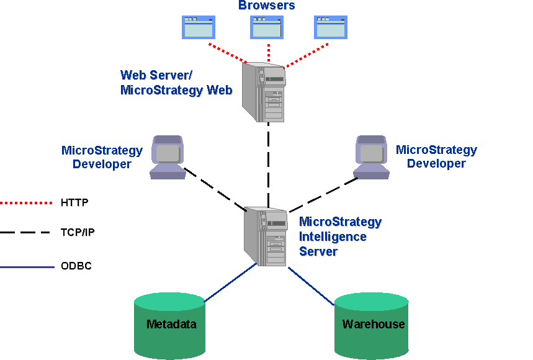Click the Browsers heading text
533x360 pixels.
[x=267, y=6]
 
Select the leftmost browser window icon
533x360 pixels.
[x=199, y=27]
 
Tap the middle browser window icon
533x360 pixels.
[x=267, y=27]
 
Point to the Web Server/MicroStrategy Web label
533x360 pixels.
[x=176, y=83]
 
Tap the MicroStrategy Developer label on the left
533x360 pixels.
[x=102, y=157]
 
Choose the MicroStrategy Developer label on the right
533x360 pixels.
[x=436, y=156]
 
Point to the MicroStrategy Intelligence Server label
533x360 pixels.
[x=340, y=236]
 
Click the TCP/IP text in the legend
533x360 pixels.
[x=77, y=233]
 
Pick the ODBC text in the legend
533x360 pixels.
[x=76, y=267]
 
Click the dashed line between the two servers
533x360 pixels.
[x=268, y=164]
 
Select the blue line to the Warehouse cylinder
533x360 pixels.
[x=311, y=286]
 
